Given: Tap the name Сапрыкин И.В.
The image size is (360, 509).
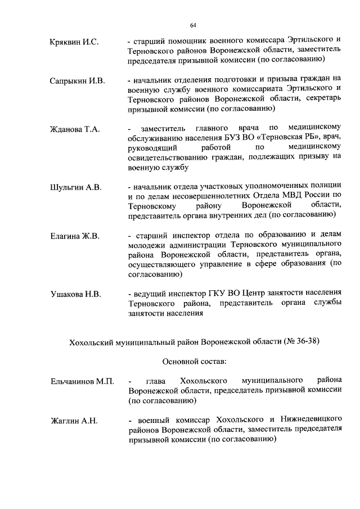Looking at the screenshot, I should tap(77, 81).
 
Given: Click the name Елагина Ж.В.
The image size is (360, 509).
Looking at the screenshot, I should tap(75, 236).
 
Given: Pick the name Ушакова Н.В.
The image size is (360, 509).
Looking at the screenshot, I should tap(75, 294).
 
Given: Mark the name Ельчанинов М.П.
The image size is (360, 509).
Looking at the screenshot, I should tap(82, 382).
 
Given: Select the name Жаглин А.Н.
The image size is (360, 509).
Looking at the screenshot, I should tap(73, 421).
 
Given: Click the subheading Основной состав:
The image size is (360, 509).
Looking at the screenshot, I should tap(192, 361).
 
